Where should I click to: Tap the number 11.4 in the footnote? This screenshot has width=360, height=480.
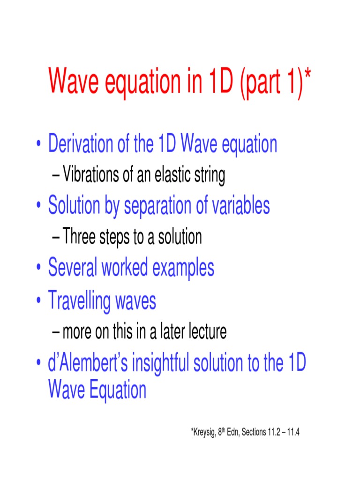pos(292,432)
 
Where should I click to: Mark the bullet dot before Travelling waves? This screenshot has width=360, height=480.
pos(38,301)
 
